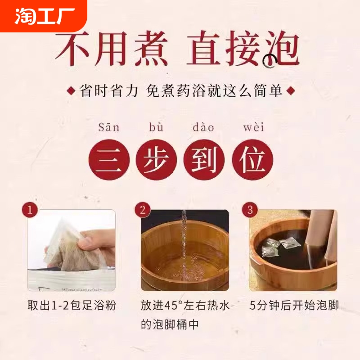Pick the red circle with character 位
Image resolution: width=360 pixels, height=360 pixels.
coord(252,161)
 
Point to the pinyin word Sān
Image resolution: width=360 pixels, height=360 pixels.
coord(109,127)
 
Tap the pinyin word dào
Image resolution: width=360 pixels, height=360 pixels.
coord(203,127)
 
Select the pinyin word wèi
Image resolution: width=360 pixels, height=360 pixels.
coord(252,127)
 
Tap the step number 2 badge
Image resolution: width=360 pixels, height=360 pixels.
coord(143,210)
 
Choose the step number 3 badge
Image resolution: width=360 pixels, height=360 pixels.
coord(250,210)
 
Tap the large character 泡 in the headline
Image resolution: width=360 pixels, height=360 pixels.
coord(279,50)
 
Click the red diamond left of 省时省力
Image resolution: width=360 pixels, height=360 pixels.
coord(71,91)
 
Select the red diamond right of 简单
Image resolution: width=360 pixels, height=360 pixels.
coord(291,91)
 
